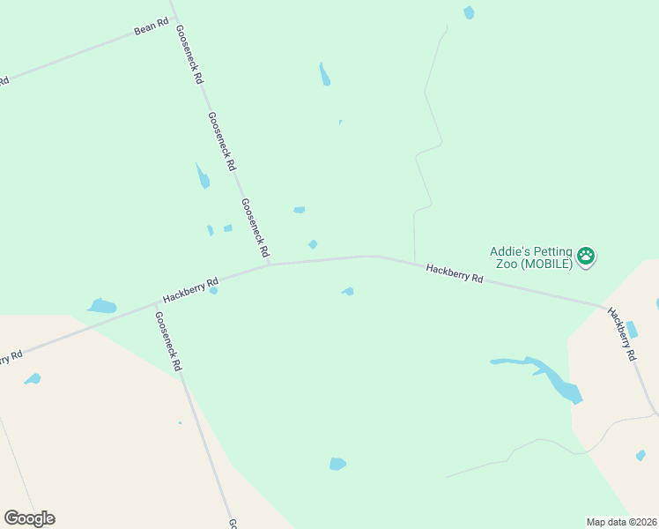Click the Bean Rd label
[x=151, y=28]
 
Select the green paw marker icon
[x=586, y=257]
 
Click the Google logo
[x=29, y=518]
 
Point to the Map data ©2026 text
[x=621, y=522]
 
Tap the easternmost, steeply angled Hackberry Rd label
[x=623, y=334]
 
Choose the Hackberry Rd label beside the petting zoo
[x=455, y=272]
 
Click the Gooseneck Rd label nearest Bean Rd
[x=189, y=54]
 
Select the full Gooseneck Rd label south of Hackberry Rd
[x=167, y=340]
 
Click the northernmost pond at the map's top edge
[x=469, y=12]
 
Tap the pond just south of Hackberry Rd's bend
[x=348, y=291]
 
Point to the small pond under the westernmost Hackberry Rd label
[x=213, y=290]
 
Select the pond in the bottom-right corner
[x=640, y=455]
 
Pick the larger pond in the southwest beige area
[x=33, y=379]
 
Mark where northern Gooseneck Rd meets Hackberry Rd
[x=269, y=264]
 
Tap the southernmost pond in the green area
[x=337, y=464]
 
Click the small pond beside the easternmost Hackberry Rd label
[x=632, y=330]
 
